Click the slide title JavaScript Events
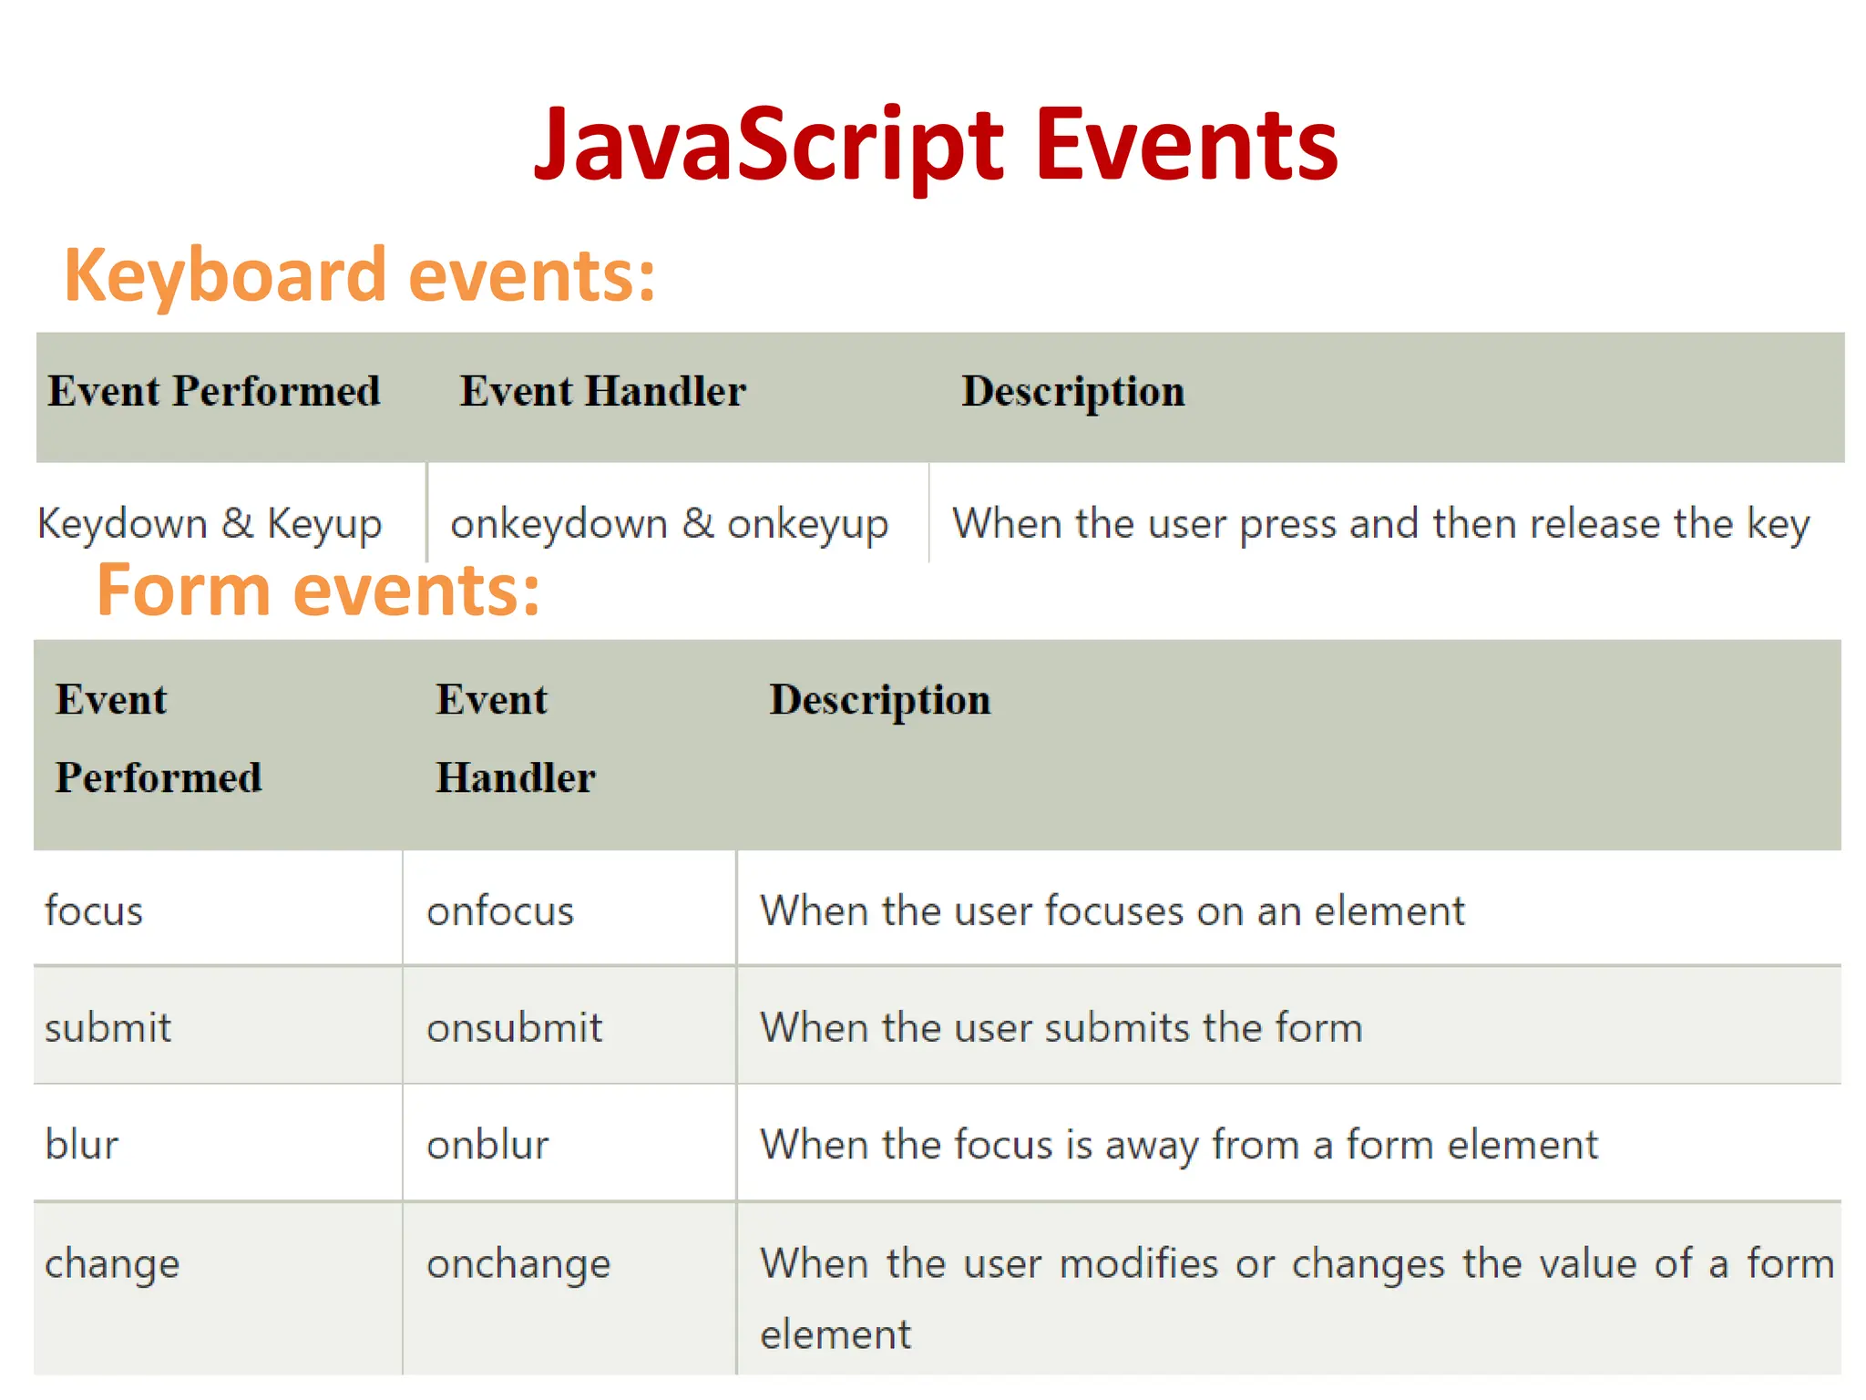tap(936, 146)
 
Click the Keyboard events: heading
tap(360, 275)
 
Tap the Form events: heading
tap(318, 591)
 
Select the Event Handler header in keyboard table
tap(602, 391)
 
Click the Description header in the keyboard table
tap(1072, 391)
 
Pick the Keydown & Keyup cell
tap(210, 524)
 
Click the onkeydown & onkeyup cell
tap(669, 524)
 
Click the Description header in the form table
tap(879, 700)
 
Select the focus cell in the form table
tap(94, 911)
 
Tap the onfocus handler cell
tap(500, 911)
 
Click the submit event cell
tap(108, 1028)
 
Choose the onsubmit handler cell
tap(514, 1028)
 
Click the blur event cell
tap(82, 1145)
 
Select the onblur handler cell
tap(487, 1145)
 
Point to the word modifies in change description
tap(1139, 1264)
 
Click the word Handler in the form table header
tap(516, 778)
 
